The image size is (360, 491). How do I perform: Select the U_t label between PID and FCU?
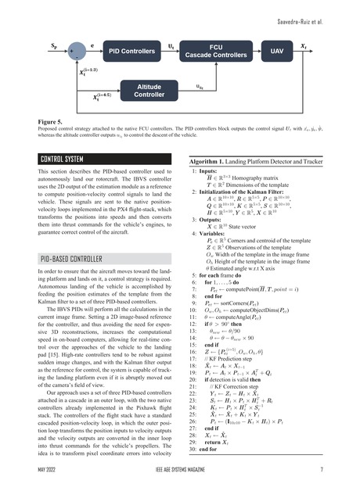(x=171, y=47)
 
